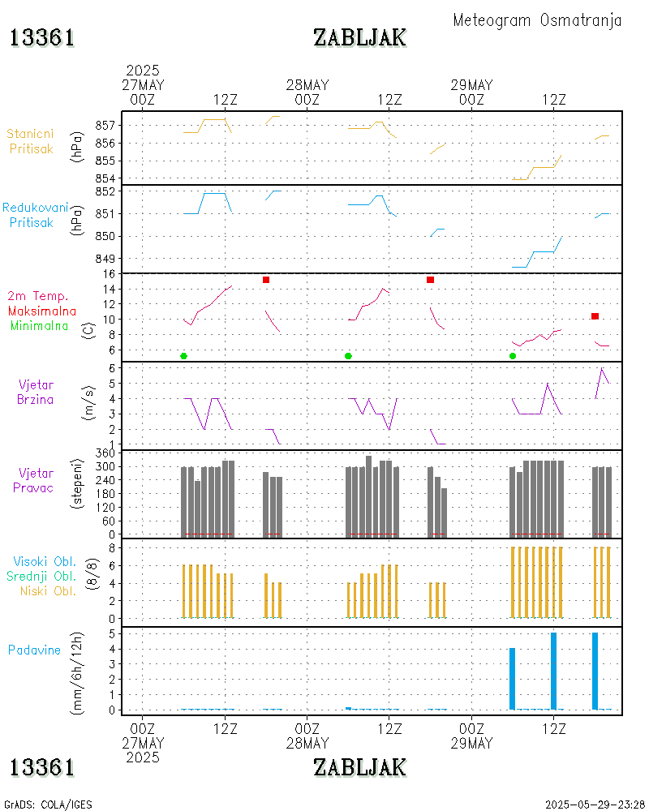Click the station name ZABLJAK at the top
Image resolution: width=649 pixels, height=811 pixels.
(359, 37)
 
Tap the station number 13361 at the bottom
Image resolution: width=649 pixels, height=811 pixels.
(42, 766)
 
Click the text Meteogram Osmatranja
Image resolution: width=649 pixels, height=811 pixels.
(537, 20)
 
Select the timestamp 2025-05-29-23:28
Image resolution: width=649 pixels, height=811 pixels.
(595, 805)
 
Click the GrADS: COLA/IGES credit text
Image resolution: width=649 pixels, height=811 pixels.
(48, 805)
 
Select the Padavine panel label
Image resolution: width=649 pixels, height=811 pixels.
(34, 650)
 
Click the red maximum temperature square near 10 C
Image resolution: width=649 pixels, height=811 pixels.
(595, 316)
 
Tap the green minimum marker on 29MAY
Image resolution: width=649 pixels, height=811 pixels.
(513, 356)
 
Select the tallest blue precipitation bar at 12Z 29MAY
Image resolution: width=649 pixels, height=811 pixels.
(554, 671)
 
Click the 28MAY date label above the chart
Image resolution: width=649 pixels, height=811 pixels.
(307, 85)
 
